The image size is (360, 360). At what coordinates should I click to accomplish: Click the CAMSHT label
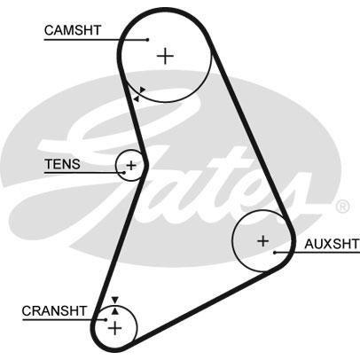[x=73, y=30]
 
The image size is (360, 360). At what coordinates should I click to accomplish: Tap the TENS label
[x=62, y=164]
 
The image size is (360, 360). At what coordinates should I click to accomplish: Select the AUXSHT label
[x=332, y=244]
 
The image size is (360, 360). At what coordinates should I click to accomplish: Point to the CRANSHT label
[x=54, y=311]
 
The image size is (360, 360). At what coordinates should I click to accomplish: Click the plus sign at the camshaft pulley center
[x=165, y=56]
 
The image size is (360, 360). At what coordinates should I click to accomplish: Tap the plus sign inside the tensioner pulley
[x=130, y=166]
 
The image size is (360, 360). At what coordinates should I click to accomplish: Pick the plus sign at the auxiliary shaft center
[x=262, y=241]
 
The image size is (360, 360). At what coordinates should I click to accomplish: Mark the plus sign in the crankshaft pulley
[x=114, y=328]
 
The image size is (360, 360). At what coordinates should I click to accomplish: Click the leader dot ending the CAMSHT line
[x=148, y=39]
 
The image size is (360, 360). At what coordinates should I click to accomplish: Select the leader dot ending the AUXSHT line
[x=275, y=253]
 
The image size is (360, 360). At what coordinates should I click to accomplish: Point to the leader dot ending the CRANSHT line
[x=106, y=319]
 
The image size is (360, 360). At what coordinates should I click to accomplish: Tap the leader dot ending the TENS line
[x=124, y=172]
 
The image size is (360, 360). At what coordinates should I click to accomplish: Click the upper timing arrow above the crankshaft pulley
[x=115, y=300]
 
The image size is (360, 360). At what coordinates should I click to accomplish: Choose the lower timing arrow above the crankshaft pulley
[x=115, y=311]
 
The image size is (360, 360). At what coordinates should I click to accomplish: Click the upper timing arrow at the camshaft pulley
[x=142, y=90]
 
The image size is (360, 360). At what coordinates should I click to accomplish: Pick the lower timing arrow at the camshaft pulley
[x=136, y=98]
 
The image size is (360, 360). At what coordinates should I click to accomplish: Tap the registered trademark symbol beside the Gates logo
[x=342, y=207]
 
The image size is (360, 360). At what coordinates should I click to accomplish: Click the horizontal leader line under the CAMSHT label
[x=96, y=39]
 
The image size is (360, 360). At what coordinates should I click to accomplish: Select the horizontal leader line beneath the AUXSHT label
[x=317, y=253]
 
